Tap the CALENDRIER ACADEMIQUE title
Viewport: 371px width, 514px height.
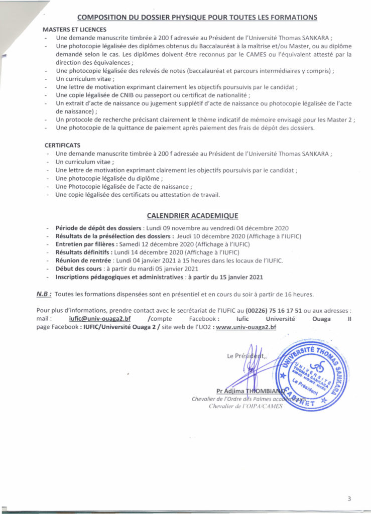pyautogui.click(x=192, y=216)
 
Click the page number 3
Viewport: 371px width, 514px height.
pyautogui.click(x=349, y=498)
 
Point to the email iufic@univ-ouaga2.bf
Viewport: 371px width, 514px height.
pyautogui.click(x=99, y=318)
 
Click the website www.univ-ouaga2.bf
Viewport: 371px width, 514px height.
pyautogui.click(x=246, y=327)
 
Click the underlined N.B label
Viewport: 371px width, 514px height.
pyautogui.click(x=44, y=293)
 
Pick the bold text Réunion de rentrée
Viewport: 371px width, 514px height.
pyautogui.click(x=83, y=261)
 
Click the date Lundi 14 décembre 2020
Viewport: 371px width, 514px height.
pyautogui.click(x=150, y=252)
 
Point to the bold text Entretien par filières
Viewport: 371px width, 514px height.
pyautogui.click(x=85, y=244)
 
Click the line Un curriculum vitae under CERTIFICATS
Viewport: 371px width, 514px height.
pyautogui.click(x=85, y=162)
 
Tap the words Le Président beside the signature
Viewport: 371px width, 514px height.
pyautogui.click(x=246, y=356)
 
